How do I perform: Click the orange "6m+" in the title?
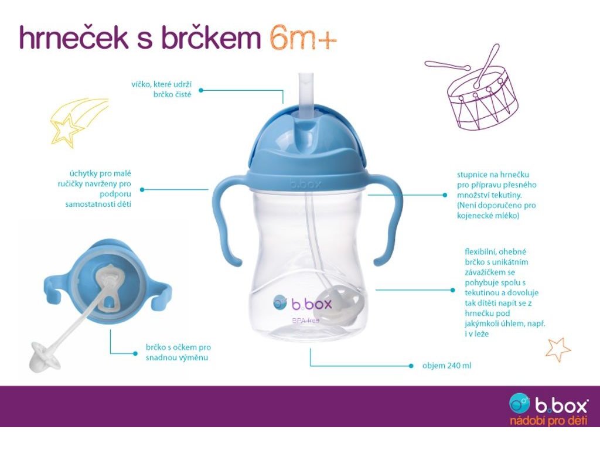click(303, 38)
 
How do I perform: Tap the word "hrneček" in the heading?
click(73, 37)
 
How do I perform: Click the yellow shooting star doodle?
click(79, 122)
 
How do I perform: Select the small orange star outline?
click(558, 349)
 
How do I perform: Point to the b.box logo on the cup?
click(302, 304)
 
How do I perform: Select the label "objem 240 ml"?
click(446, 366)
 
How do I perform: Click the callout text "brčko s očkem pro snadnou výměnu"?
click(178, 352)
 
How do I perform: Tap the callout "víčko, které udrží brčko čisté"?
click(161, 89)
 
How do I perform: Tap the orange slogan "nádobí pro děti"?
click(548, 421)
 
